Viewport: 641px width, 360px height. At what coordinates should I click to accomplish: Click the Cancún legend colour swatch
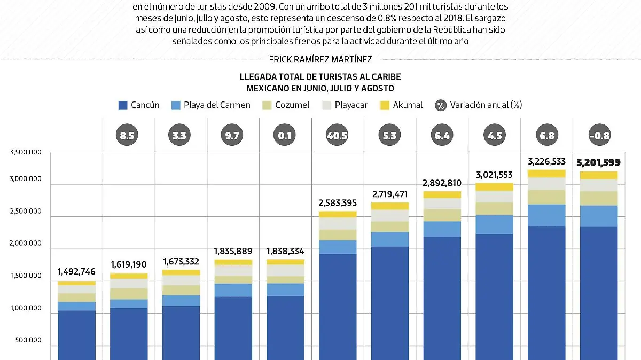pos(123,105)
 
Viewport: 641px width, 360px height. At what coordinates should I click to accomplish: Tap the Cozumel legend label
pos(292,105)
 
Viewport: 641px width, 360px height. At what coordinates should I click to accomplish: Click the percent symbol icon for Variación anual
pos(441,105)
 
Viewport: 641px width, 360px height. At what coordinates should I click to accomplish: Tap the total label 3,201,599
pos(598,162)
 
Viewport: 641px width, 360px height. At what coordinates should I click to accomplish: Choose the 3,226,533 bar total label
pos(545,161)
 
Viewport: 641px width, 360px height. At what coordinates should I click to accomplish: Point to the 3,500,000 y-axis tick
pos(26,153)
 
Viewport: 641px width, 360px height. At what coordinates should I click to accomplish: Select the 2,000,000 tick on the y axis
pos(26,244)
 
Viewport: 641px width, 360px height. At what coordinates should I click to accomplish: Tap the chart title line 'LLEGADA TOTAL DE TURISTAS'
pos(320,77)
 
